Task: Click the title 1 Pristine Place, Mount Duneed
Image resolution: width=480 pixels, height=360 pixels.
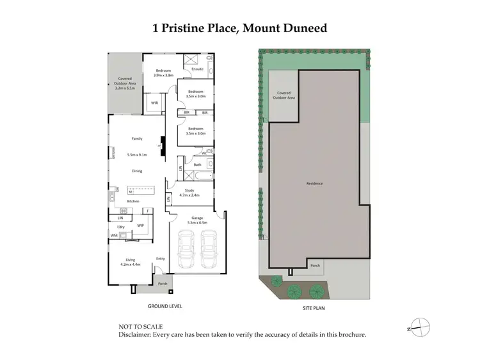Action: tap(239, 28)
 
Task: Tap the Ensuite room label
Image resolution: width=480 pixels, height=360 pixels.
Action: tap(197, 69)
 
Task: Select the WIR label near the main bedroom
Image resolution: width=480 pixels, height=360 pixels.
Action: tap(154, 102)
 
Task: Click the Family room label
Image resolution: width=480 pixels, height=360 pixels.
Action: tap(137, 138)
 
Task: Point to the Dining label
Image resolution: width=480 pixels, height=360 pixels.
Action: tap(137, 171)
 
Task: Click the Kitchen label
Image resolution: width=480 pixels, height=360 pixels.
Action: tap(133, 201)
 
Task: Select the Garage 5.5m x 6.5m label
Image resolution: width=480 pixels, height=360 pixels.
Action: tap(195, 220)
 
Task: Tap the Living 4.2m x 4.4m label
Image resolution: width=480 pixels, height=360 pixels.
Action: tap(131, 261)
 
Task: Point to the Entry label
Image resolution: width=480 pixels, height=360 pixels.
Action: tap(160, 258)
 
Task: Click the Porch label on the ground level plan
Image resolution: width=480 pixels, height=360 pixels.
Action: tap(163, 284)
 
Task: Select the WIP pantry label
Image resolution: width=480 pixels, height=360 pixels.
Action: tap(141, 225)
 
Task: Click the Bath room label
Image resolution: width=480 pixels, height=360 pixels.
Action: tap(197, 165)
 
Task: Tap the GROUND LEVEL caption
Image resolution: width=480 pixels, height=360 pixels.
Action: tap(164, 306)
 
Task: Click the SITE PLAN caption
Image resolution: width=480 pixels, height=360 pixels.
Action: tap(315, 307)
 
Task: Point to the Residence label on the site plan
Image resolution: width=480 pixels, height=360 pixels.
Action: tap(314, 183)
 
